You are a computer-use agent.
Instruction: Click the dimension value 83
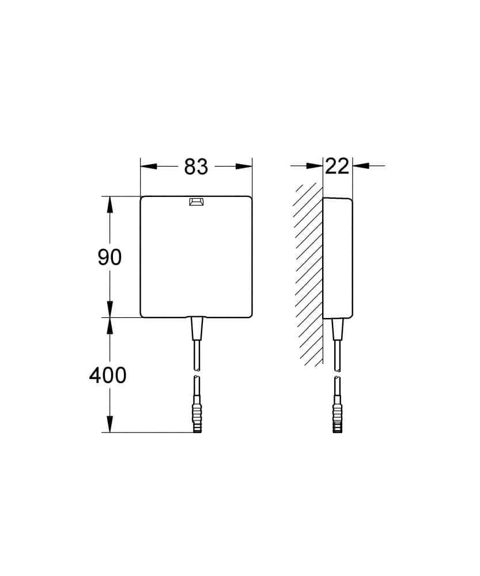click(196, 167)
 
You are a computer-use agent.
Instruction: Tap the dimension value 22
click(337, 166)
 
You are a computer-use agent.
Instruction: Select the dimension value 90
click(109, 257)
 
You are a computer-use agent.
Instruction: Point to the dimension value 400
click(108, 376)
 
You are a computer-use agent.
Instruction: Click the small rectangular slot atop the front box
click(196, 202)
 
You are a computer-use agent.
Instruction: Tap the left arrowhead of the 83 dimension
click(149, 166)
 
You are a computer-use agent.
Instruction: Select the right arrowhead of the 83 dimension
click(244, 166)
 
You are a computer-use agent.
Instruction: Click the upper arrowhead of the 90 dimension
click(109, 204)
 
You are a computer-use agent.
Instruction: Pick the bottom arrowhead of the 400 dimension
click(109, 425)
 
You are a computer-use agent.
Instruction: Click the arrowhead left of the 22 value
click(315, 166)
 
